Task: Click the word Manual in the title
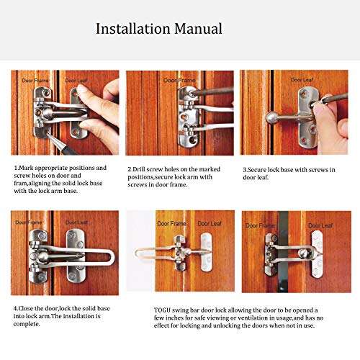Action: pos(197,30)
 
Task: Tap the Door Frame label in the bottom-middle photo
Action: pos(172,224)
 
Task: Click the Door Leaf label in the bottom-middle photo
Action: pos(210,224)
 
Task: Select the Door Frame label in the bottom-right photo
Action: pos(260,225)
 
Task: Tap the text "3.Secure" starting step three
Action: pos(253,168)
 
